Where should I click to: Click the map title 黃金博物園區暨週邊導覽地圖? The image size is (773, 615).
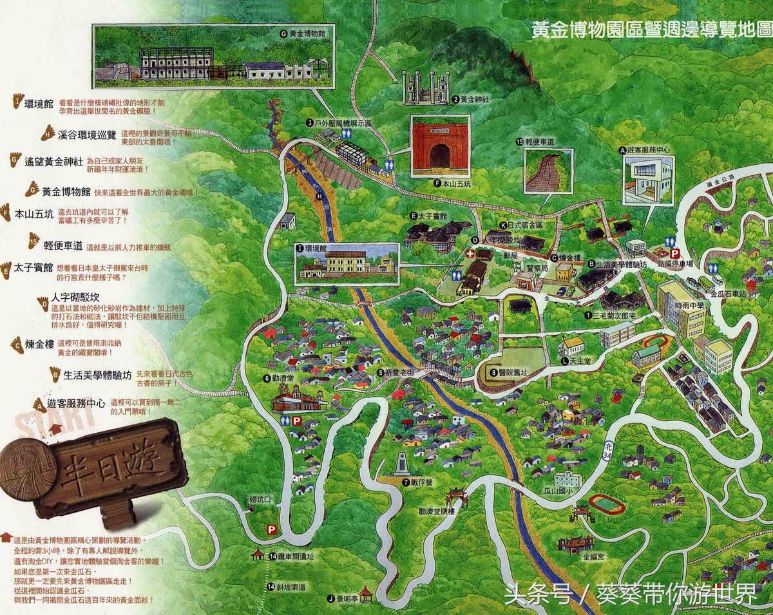(x=651, y=30)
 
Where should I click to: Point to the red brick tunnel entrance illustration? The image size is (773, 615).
(x=441, y=146)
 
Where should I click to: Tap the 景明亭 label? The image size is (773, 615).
(x=347, y=598)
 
